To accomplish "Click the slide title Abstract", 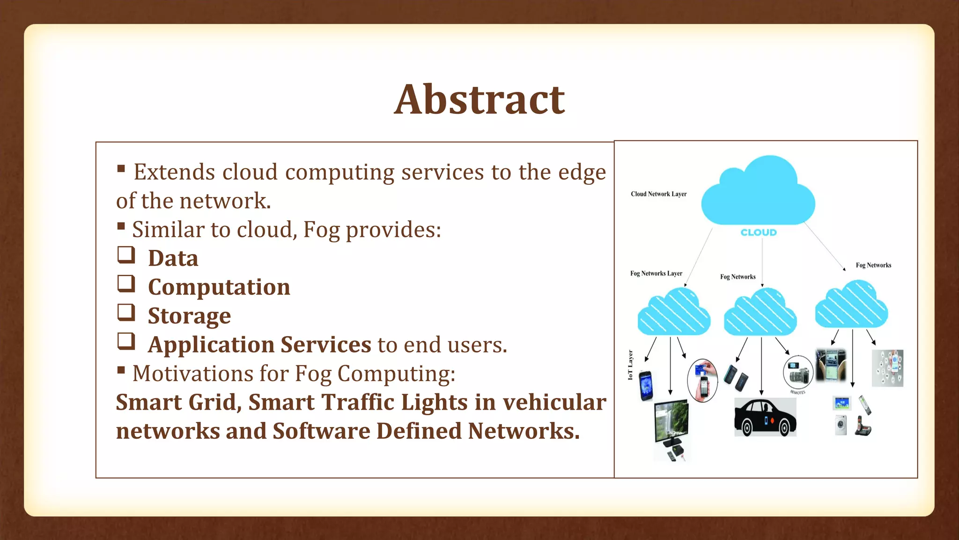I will coord(479,99).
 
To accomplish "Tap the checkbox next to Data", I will coord(126,255).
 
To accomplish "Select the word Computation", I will coord(219,287).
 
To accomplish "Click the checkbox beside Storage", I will coord(126,313).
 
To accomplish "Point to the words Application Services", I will coord(259,345).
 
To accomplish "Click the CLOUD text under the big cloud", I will coord(758,232).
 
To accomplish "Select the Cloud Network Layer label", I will coord(658,194).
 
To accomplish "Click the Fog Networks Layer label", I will coord(656,273).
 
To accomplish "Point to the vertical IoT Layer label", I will coord(630,365).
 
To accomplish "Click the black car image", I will coord(765,417).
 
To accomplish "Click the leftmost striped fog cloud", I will coord(673,312).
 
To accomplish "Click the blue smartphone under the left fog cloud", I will coord(646,385).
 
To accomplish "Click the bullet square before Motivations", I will coord(121,370).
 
